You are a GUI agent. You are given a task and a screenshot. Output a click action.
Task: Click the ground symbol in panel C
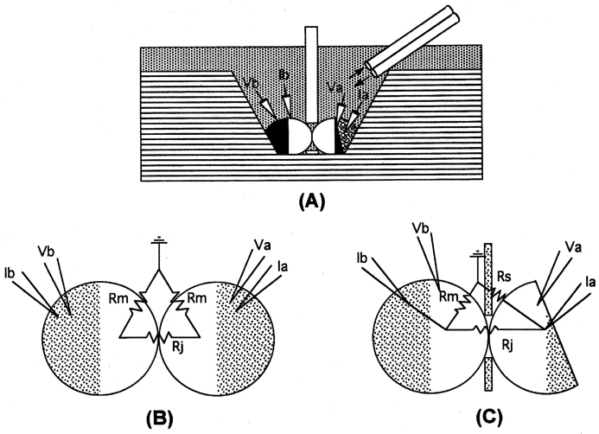tap(475, 254)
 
